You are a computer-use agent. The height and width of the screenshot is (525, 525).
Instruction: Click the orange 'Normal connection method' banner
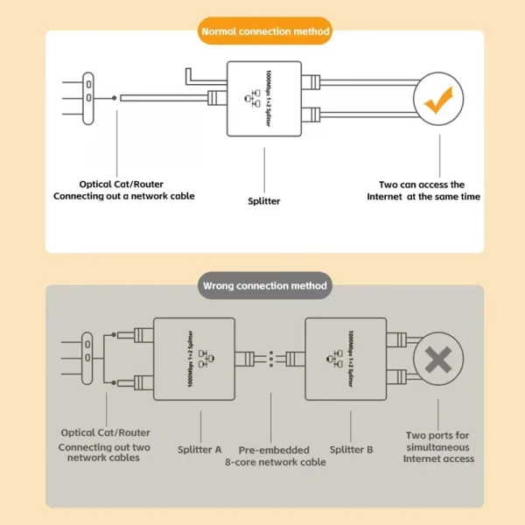(264, 31)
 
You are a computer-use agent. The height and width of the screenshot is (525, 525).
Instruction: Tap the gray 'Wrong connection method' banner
(264, 285)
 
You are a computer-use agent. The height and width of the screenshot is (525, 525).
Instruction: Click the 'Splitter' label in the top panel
(264, 200)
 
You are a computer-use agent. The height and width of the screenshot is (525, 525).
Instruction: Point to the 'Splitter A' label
(200, 449)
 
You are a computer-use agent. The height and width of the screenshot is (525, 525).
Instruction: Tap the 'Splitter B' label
(351, 449)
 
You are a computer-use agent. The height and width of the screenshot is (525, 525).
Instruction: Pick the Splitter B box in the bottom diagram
(346, 358)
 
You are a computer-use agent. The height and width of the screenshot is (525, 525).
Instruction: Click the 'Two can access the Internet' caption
(423, 191)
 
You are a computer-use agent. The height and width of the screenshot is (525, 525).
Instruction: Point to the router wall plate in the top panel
(88, 93)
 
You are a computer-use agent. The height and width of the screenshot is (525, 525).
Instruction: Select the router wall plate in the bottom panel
(88, 358)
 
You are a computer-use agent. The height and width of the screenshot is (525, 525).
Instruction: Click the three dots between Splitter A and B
(271, 358)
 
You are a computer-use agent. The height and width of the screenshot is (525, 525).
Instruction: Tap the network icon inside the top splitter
(255, 99)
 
